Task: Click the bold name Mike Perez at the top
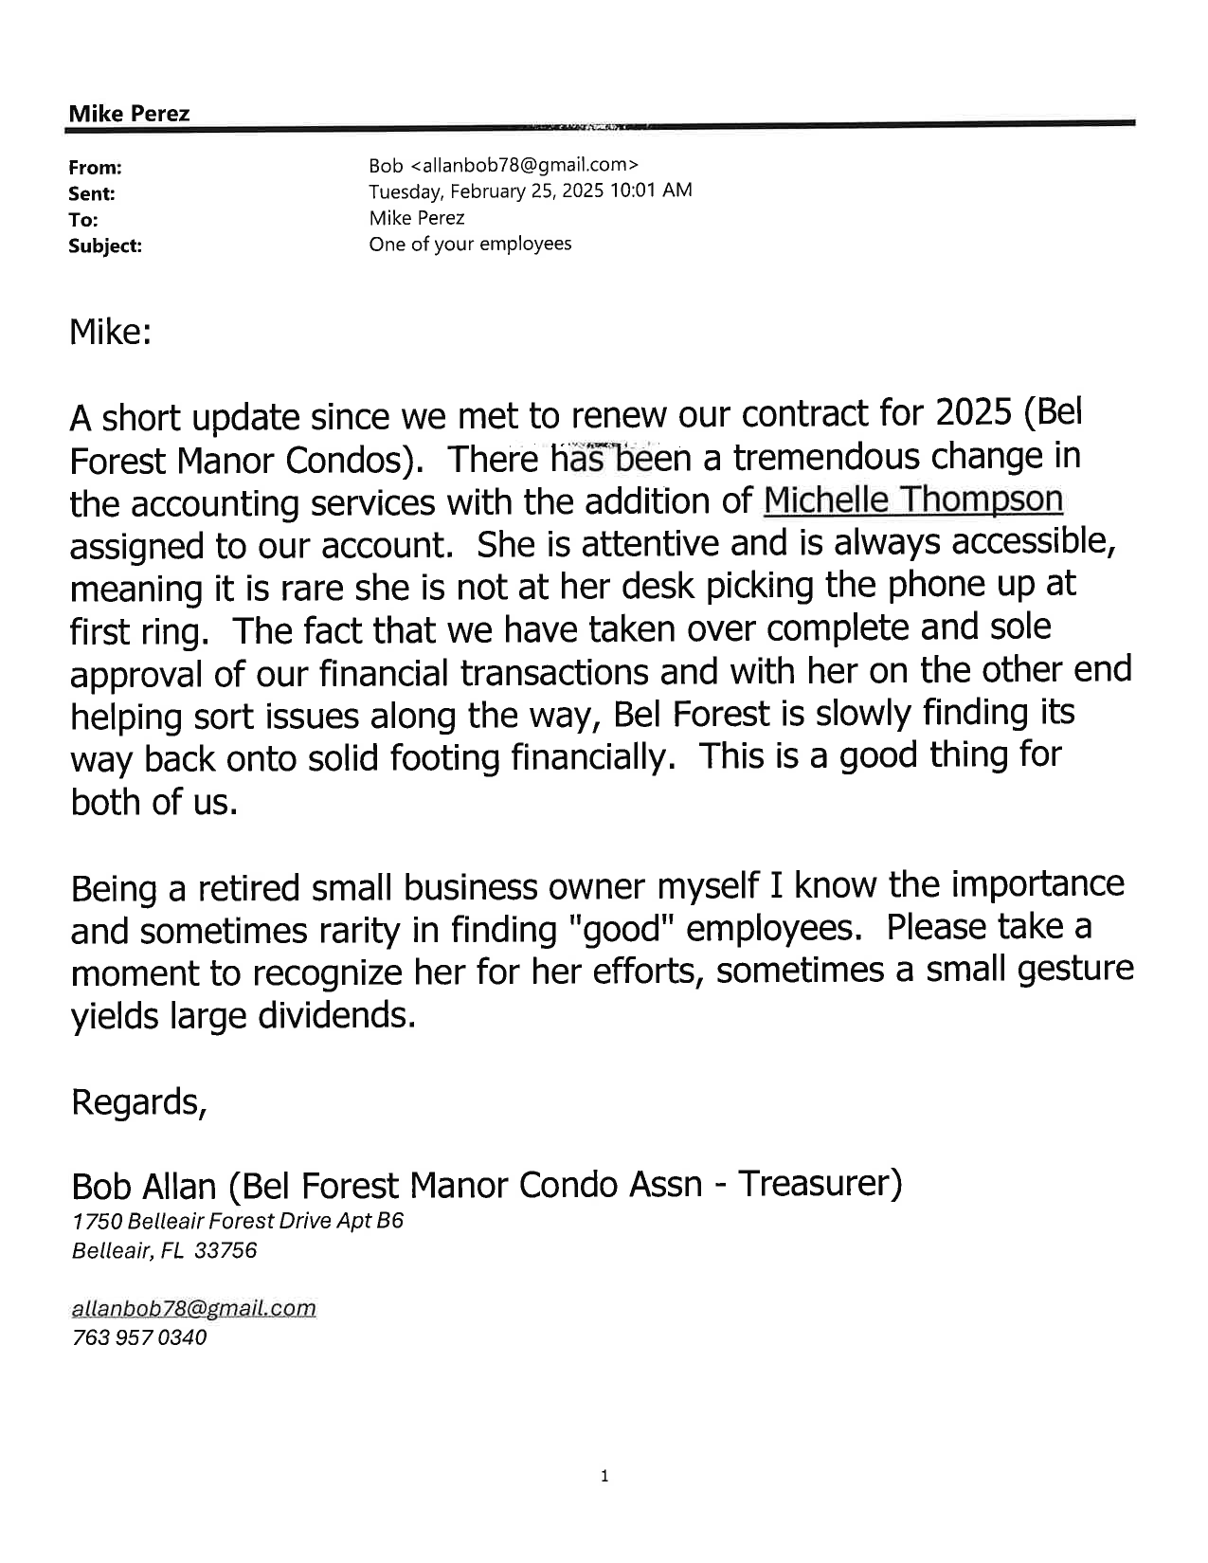point(129,114)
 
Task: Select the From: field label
point(95,168)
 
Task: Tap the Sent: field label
point(92,193)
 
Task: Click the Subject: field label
point(105,245)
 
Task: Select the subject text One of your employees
point(470,244)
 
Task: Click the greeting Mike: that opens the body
point(110,332)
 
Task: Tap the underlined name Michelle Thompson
point(912,500)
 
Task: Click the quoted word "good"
point(621,928)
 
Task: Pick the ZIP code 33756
point(225,1250)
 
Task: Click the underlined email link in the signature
point(193,1308)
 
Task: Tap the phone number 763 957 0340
point(138,1337)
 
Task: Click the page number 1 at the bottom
point(604,1475)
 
